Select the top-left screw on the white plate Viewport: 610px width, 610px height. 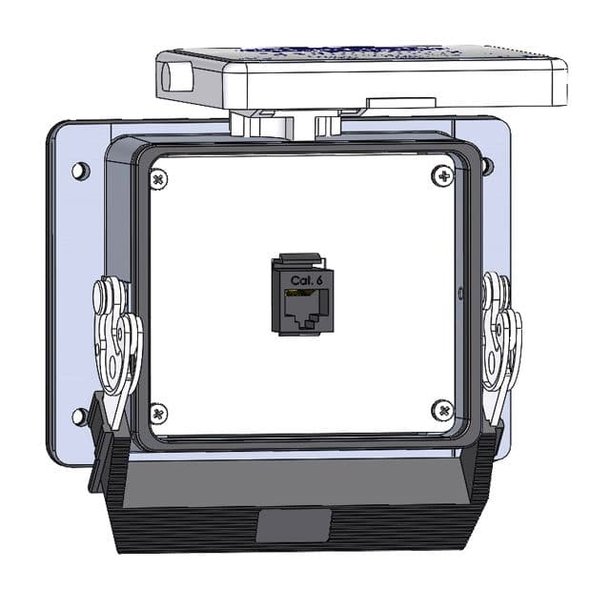pos(159,178)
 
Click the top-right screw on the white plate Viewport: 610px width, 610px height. pos(442,175)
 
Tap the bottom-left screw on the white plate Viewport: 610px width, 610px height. pos(159,414)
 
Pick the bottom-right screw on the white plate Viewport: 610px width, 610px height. pos(443,410)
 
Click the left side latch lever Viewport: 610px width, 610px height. pos(116,343)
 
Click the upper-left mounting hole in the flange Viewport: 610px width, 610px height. pos(81,172)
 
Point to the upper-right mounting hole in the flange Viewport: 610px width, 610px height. pos(488,167)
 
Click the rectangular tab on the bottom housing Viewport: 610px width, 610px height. pos(294,525)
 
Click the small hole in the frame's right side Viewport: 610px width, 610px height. pos(461,291)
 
